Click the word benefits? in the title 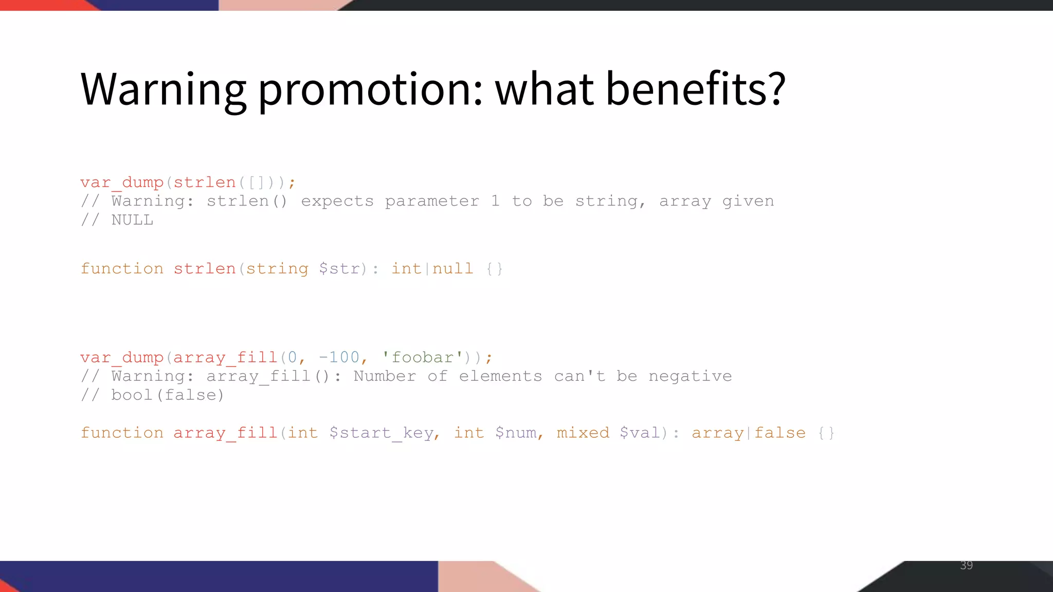pos(695,89)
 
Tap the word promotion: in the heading pos(370,90)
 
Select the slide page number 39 pos(966,565)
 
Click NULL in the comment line pos(132,220)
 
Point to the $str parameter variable pos(339,269)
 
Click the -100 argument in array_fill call pos(339,357)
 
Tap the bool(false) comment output pos(168,395)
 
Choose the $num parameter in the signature pos(516,433)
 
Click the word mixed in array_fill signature pos(583,433)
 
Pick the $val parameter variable pos(640,433)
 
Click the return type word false pos(779,433)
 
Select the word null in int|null pos(452,269)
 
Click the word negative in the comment pos(689,376)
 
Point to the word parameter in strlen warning pos(432,201)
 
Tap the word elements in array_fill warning pos(500,376)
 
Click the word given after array pos(748,201)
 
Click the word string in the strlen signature pos(277,269)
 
